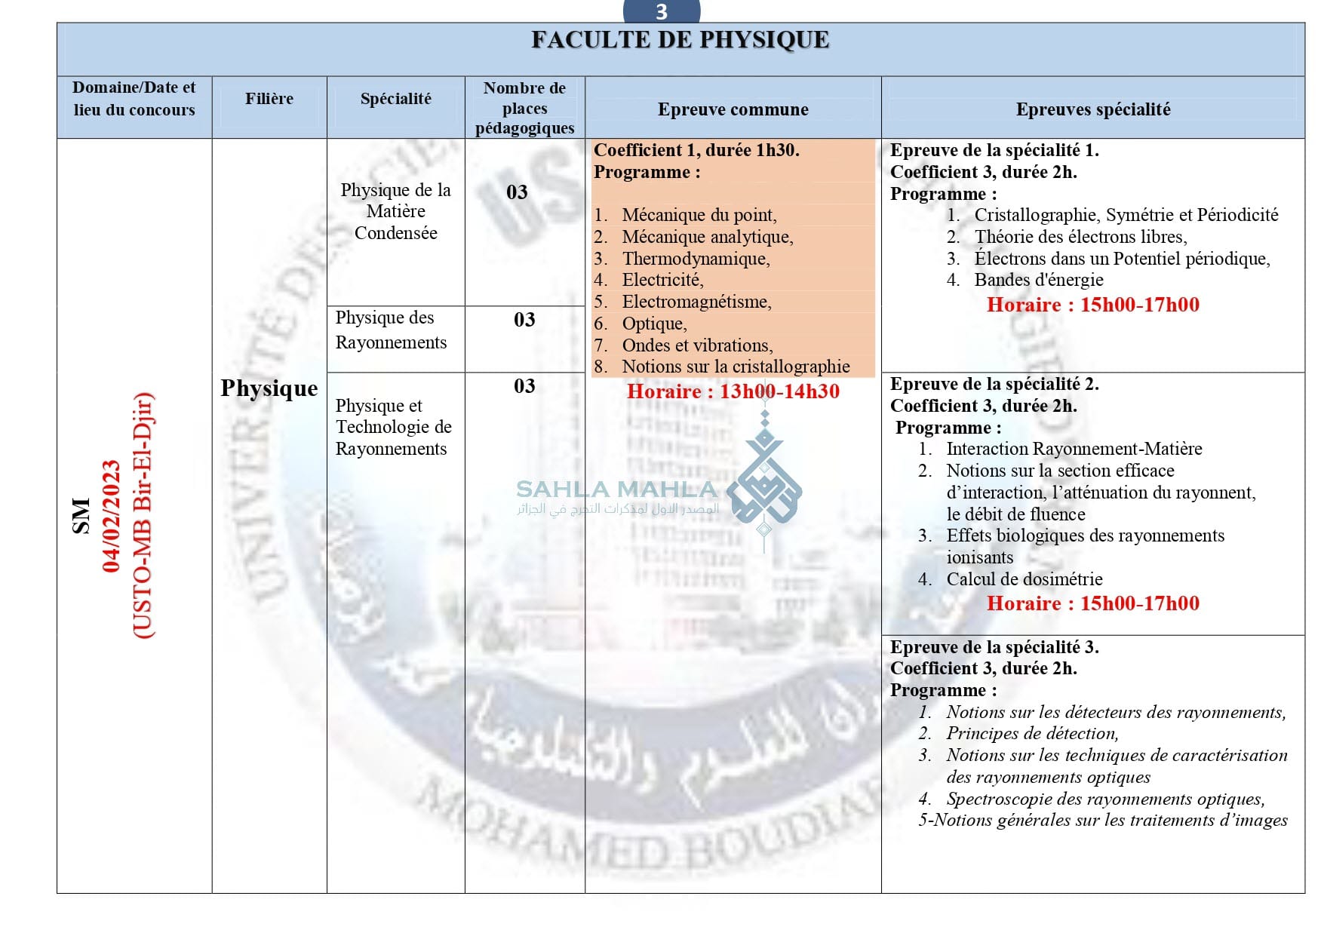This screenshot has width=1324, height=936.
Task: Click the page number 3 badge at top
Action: coord(662,12)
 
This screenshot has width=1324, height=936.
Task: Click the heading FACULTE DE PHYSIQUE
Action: coord(680,40)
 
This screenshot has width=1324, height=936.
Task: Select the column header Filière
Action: coord(269,99)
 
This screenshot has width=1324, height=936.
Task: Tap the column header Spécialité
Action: coord(395,99)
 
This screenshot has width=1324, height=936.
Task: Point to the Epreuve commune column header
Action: coord(733,109)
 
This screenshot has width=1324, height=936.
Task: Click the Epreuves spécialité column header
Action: coord(1092,109)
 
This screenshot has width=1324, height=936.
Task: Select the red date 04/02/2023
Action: coord(112,516)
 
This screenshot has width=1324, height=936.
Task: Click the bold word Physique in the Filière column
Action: coord(269,388)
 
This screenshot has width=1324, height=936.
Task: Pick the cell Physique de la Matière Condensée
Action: coord(395,211)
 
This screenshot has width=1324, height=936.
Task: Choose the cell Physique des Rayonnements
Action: coord(391,330)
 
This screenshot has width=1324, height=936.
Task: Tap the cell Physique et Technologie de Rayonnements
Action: coord(393,427)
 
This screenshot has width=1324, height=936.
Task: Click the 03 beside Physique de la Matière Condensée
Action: coord(517,192)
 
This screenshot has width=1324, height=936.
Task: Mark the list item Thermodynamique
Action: coord(696,259)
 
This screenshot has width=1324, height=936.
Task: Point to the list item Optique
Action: coord(654,324)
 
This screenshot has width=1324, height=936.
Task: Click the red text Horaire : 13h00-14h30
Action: coord(733,391)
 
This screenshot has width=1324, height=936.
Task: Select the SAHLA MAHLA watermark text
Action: coord(616,489)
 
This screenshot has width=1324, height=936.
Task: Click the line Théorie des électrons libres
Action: coord(1080,237)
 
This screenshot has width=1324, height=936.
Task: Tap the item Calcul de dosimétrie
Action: coord(1024,579)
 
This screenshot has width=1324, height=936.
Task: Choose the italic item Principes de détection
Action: coord(1032,733)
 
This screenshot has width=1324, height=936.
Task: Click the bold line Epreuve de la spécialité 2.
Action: coord(994,384)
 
